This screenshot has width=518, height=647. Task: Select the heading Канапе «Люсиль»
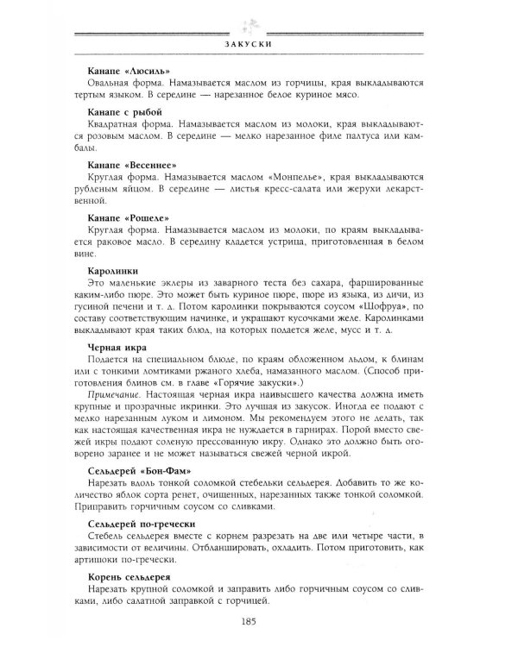[x=129, y=70]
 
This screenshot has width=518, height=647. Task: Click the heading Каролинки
[x=117, y=271]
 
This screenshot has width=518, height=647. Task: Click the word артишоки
[x=109, y=559]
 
